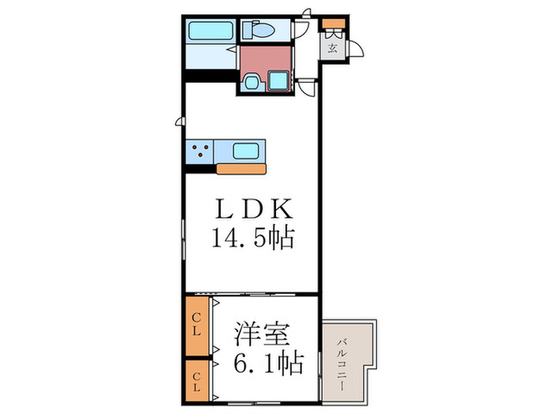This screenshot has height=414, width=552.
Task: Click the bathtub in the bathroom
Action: click(x=211, y=32)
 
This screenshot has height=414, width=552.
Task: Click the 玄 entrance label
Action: click(x=332, y=48)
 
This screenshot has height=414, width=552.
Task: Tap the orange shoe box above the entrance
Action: click(x=333, y=22)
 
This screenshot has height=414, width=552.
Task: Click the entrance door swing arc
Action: click(x=356, y=49)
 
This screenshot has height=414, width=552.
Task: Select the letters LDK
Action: click(x=252, y=209)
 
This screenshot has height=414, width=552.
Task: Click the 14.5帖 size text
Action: click(x=252, y=237)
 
